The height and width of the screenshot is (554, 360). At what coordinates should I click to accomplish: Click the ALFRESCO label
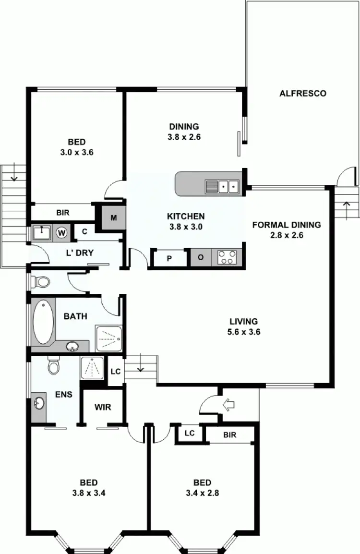click(303, 93)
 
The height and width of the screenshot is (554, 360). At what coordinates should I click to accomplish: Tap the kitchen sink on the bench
click(222, 186)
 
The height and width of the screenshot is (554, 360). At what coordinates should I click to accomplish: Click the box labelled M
click(114, 218)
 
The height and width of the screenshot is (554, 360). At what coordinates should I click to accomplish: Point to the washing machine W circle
click(61, 233)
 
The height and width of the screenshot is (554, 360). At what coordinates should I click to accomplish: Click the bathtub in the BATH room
click(43, 322)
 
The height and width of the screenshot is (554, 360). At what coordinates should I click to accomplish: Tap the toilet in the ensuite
click(54, 366)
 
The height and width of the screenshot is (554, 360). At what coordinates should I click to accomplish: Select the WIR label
click(103, 407)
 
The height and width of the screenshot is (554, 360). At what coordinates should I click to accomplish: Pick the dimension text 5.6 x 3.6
click(244, 332)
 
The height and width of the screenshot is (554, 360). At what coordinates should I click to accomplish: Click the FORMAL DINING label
click(286, 225)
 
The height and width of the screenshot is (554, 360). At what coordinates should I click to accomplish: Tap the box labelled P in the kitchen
click(169, 258)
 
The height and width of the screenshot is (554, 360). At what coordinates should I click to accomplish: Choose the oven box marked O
click(201, 258)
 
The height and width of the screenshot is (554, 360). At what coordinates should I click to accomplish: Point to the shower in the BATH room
click(108, 338)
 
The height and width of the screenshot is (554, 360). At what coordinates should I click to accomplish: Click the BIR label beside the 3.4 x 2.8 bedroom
click(229, 435)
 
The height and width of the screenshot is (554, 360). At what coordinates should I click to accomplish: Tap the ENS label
click(63, 395)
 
